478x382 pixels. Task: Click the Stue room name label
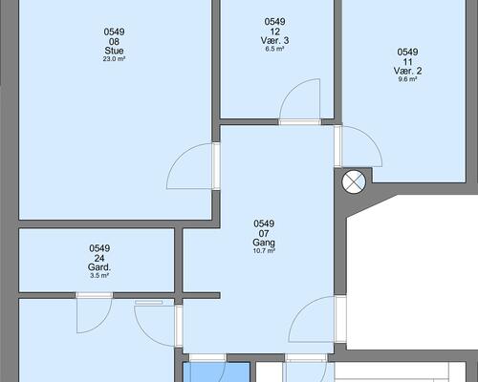pyautogui.click(x=114, y=51)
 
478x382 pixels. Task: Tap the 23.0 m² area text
pyautogui.click(x=114, y=59)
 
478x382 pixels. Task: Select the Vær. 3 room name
pyautogui.click(x=274, y=40)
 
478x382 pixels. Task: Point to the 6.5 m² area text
pyautogui.click(x=274, y=49)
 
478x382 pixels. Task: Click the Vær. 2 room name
pyautogui.click(x=407, y=71)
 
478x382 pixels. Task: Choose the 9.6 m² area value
pyautogui.click(x=407, y=79)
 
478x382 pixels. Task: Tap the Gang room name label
pyautogui.click(x=264, y=243)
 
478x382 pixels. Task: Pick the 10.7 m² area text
pyautogui.click(x=264, y=251)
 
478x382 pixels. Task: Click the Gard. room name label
pyautogui.click(x=99, y=267)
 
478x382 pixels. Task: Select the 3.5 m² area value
pyautogui.click(x=99, y=276)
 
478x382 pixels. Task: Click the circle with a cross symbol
pyautogui.click(x=354, y=182)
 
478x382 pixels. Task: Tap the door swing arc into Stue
pyautogui.click(x=179, y=156)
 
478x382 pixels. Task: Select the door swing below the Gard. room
pyautogui.click(x=102, y=325)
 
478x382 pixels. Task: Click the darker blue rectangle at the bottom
pyautogui.click(x=216, y=371)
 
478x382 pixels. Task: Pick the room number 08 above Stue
pyautogui.click(x=114, y=42)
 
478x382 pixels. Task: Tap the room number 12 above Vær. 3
pyautogui.click(x=274, y=32)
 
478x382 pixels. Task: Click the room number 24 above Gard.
pyautogui.click(x=99, y=258)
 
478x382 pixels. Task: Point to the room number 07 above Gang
pyautogui.click(x=264, y=234)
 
